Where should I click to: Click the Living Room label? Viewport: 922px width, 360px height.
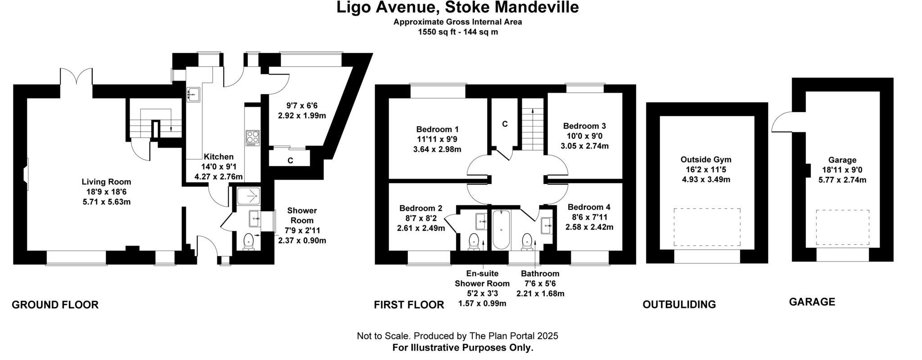[x=106, y=182]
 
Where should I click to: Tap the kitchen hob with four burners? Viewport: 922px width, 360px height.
[x=252, y=138]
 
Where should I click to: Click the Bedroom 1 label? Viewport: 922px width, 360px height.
[x=437, y=129]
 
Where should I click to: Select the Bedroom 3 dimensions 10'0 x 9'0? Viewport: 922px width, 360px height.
[x=584, y=136]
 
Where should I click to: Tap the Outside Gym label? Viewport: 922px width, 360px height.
[x=705, y=160]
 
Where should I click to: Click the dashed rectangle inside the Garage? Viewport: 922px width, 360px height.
[x=842, y=227]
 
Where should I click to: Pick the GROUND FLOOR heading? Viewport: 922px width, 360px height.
[x=55, y=305]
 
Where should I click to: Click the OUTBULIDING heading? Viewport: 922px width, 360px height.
[x=679, y=305]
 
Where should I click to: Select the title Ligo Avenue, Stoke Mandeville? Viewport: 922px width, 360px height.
[x=457, y=8]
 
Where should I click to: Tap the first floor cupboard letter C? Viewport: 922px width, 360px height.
[x=505, y=124]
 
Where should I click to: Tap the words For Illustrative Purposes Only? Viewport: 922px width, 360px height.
[x=462, y=348]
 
